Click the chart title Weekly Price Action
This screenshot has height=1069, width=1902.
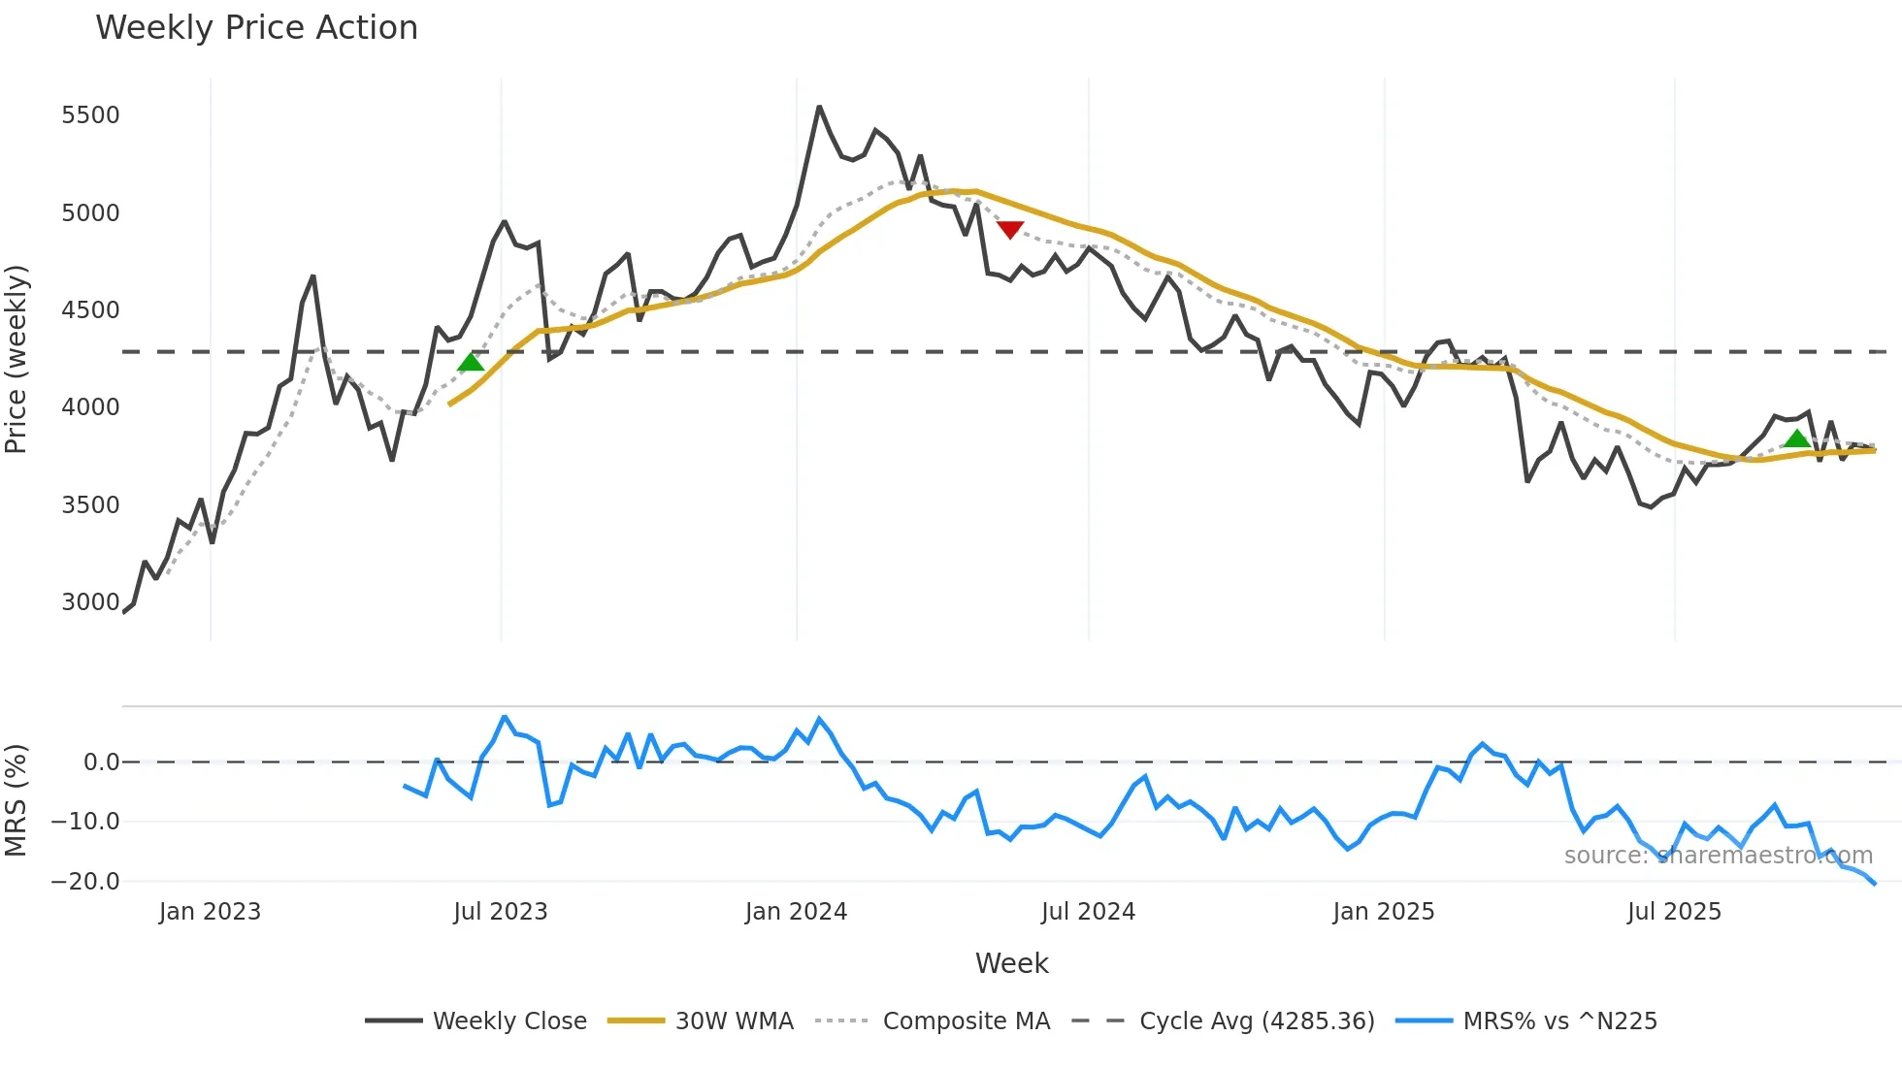[256, 28]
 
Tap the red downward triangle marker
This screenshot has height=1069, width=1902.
[1010, 230]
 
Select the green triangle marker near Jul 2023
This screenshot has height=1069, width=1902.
[471, 363]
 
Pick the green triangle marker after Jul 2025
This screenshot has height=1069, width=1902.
[1796, 439]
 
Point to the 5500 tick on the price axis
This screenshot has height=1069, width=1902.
[90, 115]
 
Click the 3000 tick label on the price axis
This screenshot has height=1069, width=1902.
[90, 602]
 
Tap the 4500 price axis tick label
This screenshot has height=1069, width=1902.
[90, 310]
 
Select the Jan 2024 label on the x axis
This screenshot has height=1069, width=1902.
[796, 912]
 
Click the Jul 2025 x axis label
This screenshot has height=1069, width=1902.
[1674, 912]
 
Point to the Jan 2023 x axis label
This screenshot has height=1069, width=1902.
[210, 912]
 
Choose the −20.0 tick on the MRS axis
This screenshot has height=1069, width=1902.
[85, 882]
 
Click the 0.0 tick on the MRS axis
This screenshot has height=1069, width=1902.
[101, 762]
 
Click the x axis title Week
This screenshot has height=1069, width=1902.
[1011, 963]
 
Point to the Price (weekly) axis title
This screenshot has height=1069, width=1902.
[16, 359]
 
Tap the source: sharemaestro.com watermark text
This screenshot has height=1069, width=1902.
[1718, 856]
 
